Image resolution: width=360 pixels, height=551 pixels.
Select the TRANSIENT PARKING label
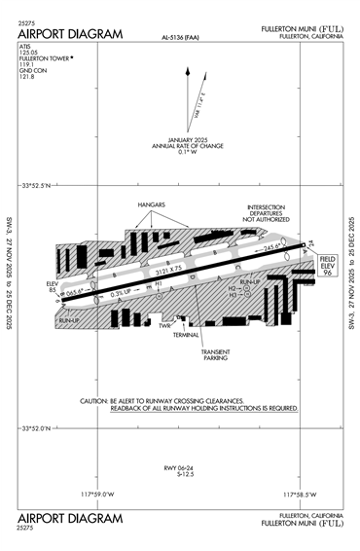(215, 355)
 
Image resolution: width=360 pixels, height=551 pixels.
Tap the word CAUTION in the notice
(94, 401)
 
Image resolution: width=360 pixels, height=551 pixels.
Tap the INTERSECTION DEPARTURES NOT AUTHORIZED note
(268, 213)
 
